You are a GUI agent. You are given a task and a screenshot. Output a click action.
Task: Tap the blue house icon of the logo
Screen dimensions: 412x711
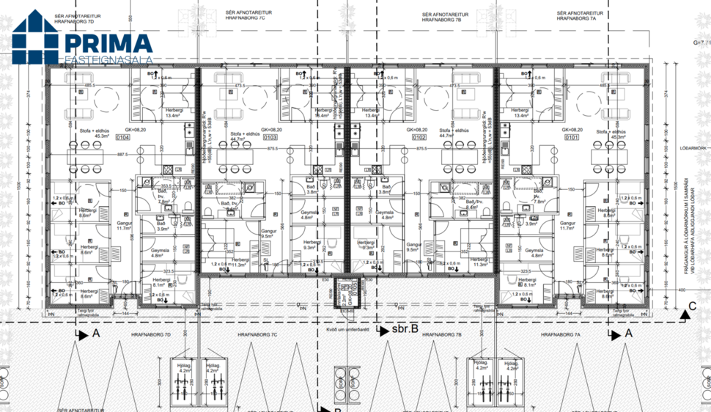click(36, 37)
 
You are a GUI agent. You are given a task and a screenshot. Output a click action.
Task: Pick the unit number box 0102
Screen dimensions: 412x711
click(419, 137)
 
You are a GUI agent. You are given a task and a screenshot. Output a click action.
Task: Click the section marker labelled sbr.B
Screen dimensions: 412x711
click(404, 330)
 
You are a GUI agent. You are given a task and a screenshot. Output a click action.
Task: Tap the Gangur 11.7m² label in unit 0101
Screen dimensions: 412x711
click(568, 226)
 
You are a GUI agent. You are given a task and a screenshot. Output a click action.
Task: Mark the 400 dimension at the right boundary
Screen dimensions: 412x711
click(682, 290)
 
